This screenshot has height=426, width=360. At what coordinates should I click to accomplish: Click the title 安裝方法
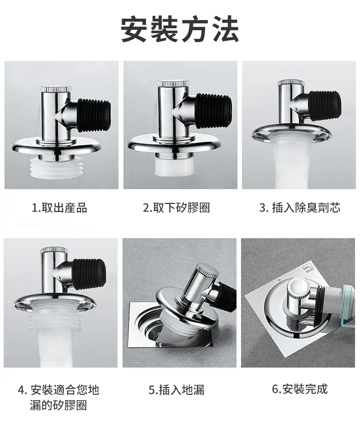click(x=180, y=29)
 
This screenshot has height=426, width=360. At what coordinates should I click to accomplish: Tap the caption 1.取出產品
click(x=60, y=208)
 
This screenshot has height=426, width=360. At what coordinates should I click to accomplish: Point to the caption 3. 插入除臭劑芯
click(x=300, y=208)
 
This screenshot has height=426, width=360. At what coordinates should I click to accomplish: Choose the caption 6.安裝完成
click(x=300, y=389)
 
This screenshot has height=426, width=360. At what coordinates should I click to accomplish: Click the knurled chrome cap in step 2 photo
click(x=171, y=83)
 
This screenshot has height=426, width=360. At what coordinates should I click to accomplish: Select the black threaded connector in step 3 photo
click(x=324, y=105)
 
